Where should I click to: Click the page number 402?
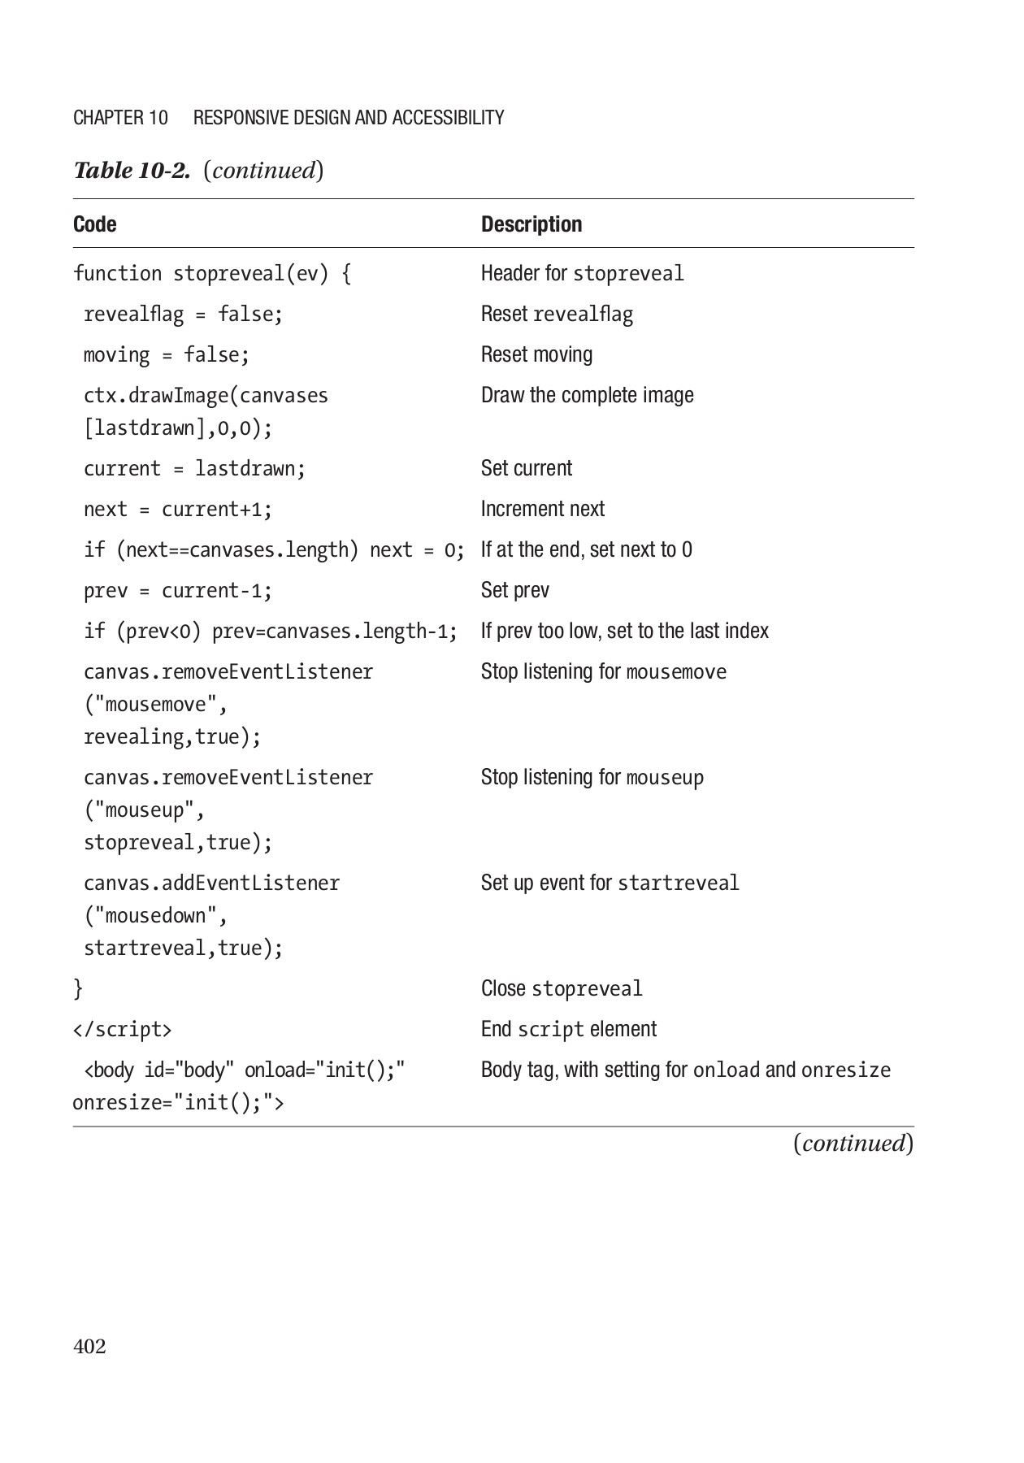[89, 1347]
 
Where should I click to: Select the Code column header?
[94, 224]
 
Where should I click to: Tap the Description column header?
[532, 224]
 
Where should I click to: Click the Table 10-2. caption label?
[132, 171]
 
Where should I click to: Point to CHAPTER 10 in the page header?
[120, 118]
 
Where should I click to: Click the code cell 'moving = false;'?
[167, 355]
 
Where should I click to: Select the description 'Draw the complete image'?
[587, 395]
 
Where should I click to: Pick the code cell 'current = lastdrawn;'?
[194, 469]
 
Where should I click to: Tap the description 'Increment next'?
[542, 509]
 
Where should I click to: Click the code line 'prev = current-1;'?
[178, 591]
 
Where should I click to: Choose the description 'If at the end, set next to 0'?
[586, 549]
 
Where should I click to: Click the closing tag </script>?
[122, 1030]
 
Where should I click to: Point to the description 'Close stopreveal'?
[561, 989]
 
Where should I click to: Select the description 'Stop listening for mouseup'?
[592, 778]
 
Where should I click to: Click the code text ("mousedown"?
[155, 916]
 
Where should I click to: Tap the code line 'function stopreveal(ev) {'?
[212, 274]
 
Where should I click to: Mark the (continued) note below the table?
[853, 1144]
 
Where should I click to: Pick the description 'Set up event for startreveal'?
[610, 883]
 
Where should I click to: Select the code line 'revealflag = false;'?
[183, 315]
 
